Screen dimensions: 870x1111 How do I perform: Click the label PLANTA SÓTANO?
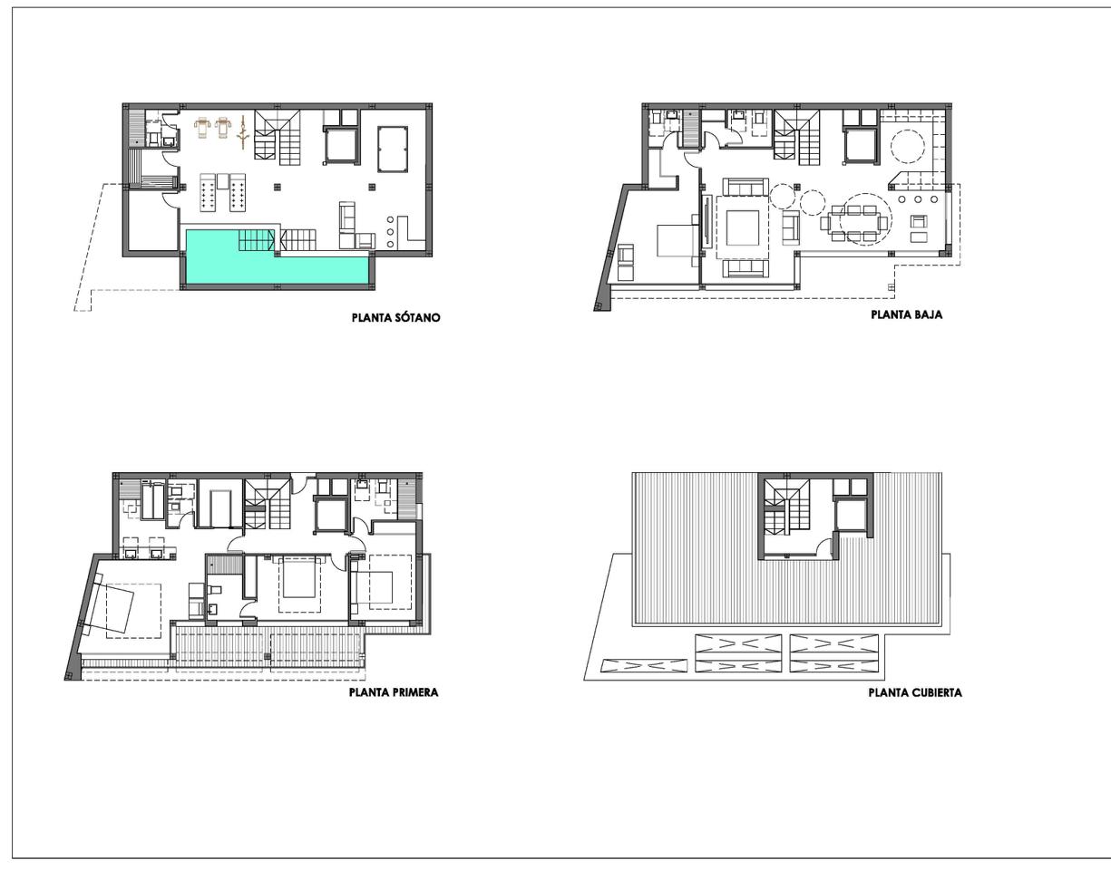tap(395, 318)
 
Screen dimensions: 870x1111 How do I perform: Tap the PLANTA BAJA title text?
tap(906, 315)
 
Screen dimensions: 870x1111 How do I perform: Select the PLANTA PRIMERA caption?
tap(394, 692)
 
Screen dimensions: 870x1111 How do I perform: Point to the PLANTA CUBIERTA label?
tap(915, 692)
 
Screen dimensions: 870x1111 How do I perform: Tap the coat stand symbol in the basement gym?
tap(242, 132)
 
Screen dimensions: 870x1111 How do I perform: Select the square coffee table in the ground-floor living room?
tap(743, 227)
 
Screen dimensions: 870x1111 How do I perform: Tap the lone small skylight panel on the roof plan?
tap(643, 665)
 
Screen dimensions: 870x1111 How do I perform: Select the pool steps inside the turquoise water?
tap(256, 240)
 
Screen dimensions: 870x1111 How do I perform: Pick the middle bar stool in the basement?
tap(391, 232)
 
